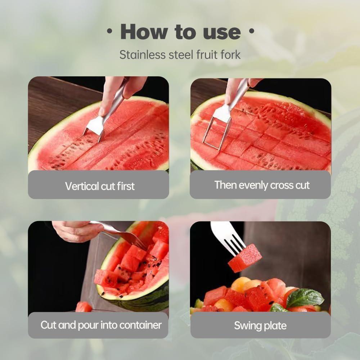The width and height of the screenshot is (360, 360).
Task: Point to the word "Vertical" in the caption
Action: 82,186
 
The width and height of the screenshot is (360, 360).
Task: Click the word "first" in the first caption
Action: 126,186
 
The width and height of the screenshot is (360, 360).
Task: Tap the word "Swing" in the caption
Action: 246,326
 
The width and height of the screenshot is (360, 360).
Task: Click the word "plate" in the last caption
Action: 275,326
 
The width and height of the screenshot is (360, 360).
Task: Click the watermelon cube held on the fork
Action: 245,258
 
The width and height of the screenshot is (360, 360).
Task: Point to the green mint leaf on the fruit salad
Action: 305,297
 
